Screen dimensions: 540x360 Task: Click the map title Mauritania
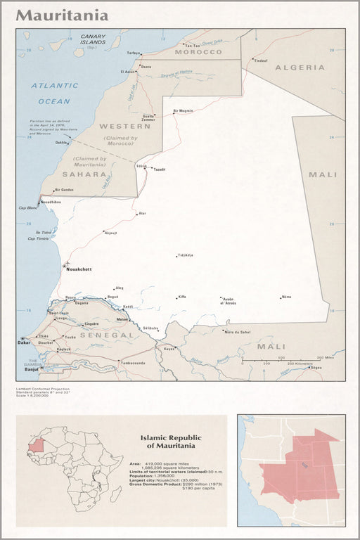(x=63, y=15)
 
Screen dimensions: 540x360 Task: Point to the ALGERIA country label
(x=300, y=67)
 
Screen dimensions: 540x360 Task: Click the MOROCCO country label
(x=198, y=52)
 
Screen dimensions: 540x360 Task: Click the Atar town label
(x=143, y=213)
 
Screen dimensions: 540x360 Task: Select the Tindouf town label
(x=261, y=60)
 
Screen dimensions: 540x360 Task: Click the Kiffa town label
(x=182, y=297)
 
